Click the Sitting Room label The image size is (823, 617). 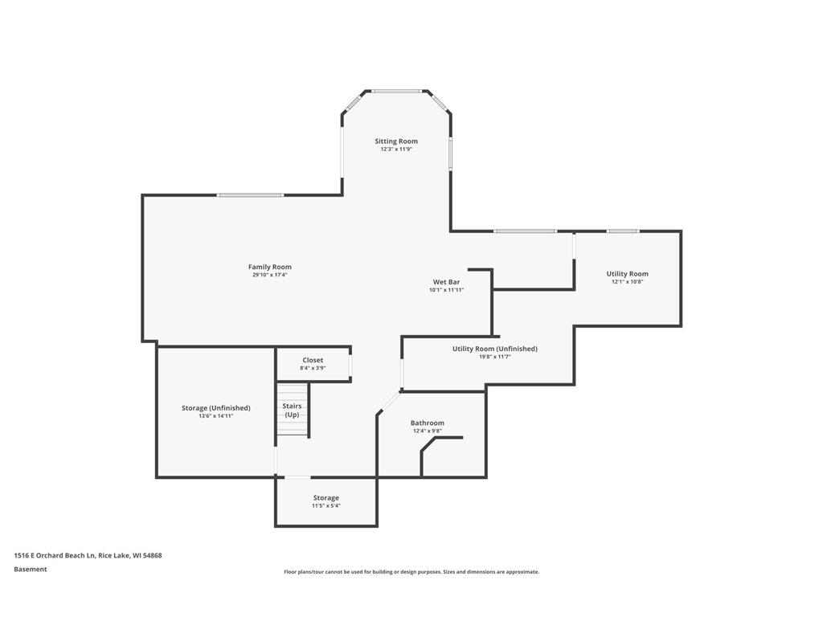[x=396, y=141]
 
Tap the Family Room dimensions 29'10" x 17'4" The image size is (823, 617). [x=270, y=275]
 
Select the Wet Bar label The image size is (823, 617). [x=446, y=282]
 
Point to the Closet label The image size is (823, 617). [x=313, y=361]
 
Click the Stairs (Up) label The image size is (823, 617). [x=292, y=411]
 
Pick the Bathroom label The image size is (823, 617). [x=428, y=423]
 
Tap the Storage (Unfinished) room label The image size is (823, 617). [x=215, y=408]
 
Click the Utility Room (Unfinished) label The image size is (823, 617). [x=495, y=349]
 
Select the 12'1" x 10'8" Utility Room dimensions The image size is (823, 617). [x=627, y=282]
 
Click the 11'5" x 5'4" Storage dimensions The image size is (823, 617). [x=326, y=506]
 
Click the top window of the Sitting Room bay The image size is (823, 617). [x=396, y=92]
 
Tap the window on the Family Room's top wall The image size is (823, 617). [x=251, y=195]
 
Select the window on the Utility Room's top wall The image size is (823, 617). [x=623, y=231]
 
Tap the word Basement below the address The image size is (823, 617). [x=31, y=570]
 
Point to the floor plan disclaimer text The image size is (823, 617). [x=411, y=572]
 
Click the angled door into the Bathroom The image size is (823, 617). [x=390, y=403]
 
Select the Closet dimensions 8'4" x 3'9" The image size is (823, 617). [x=313, y=368]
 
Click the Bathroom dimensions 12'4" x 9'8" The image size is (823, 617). [x=428, y=431]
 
